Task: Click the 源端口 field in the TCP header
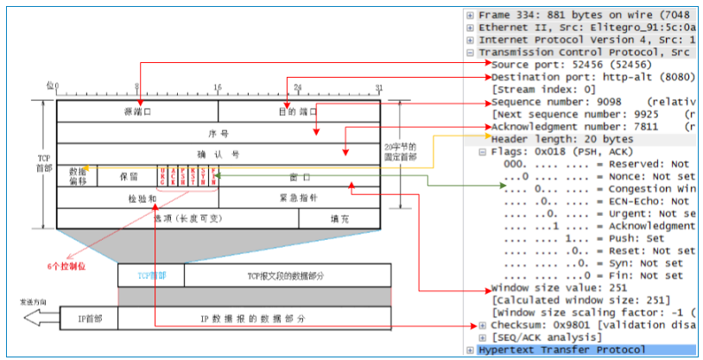click(137, 111)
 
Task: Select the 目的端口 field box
click(299, 111)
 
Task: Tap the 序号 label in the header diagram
click(218, 134)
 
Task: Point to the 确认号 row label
click(218, 155)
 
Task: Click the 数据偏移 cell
click(77, 175)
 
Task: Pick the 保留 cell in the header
click(127, 175)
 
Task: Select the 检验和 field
click(137, 198)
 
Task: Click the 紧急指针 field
click(299, 198)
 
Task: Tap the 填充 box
click(339, 219)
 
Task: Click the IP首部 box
click(88, 319)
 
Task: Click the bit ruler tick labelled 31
click(378, 87)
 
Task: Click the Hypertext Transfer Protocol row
click(561, 350)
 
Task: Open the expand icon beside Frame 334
click(470, 15)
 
